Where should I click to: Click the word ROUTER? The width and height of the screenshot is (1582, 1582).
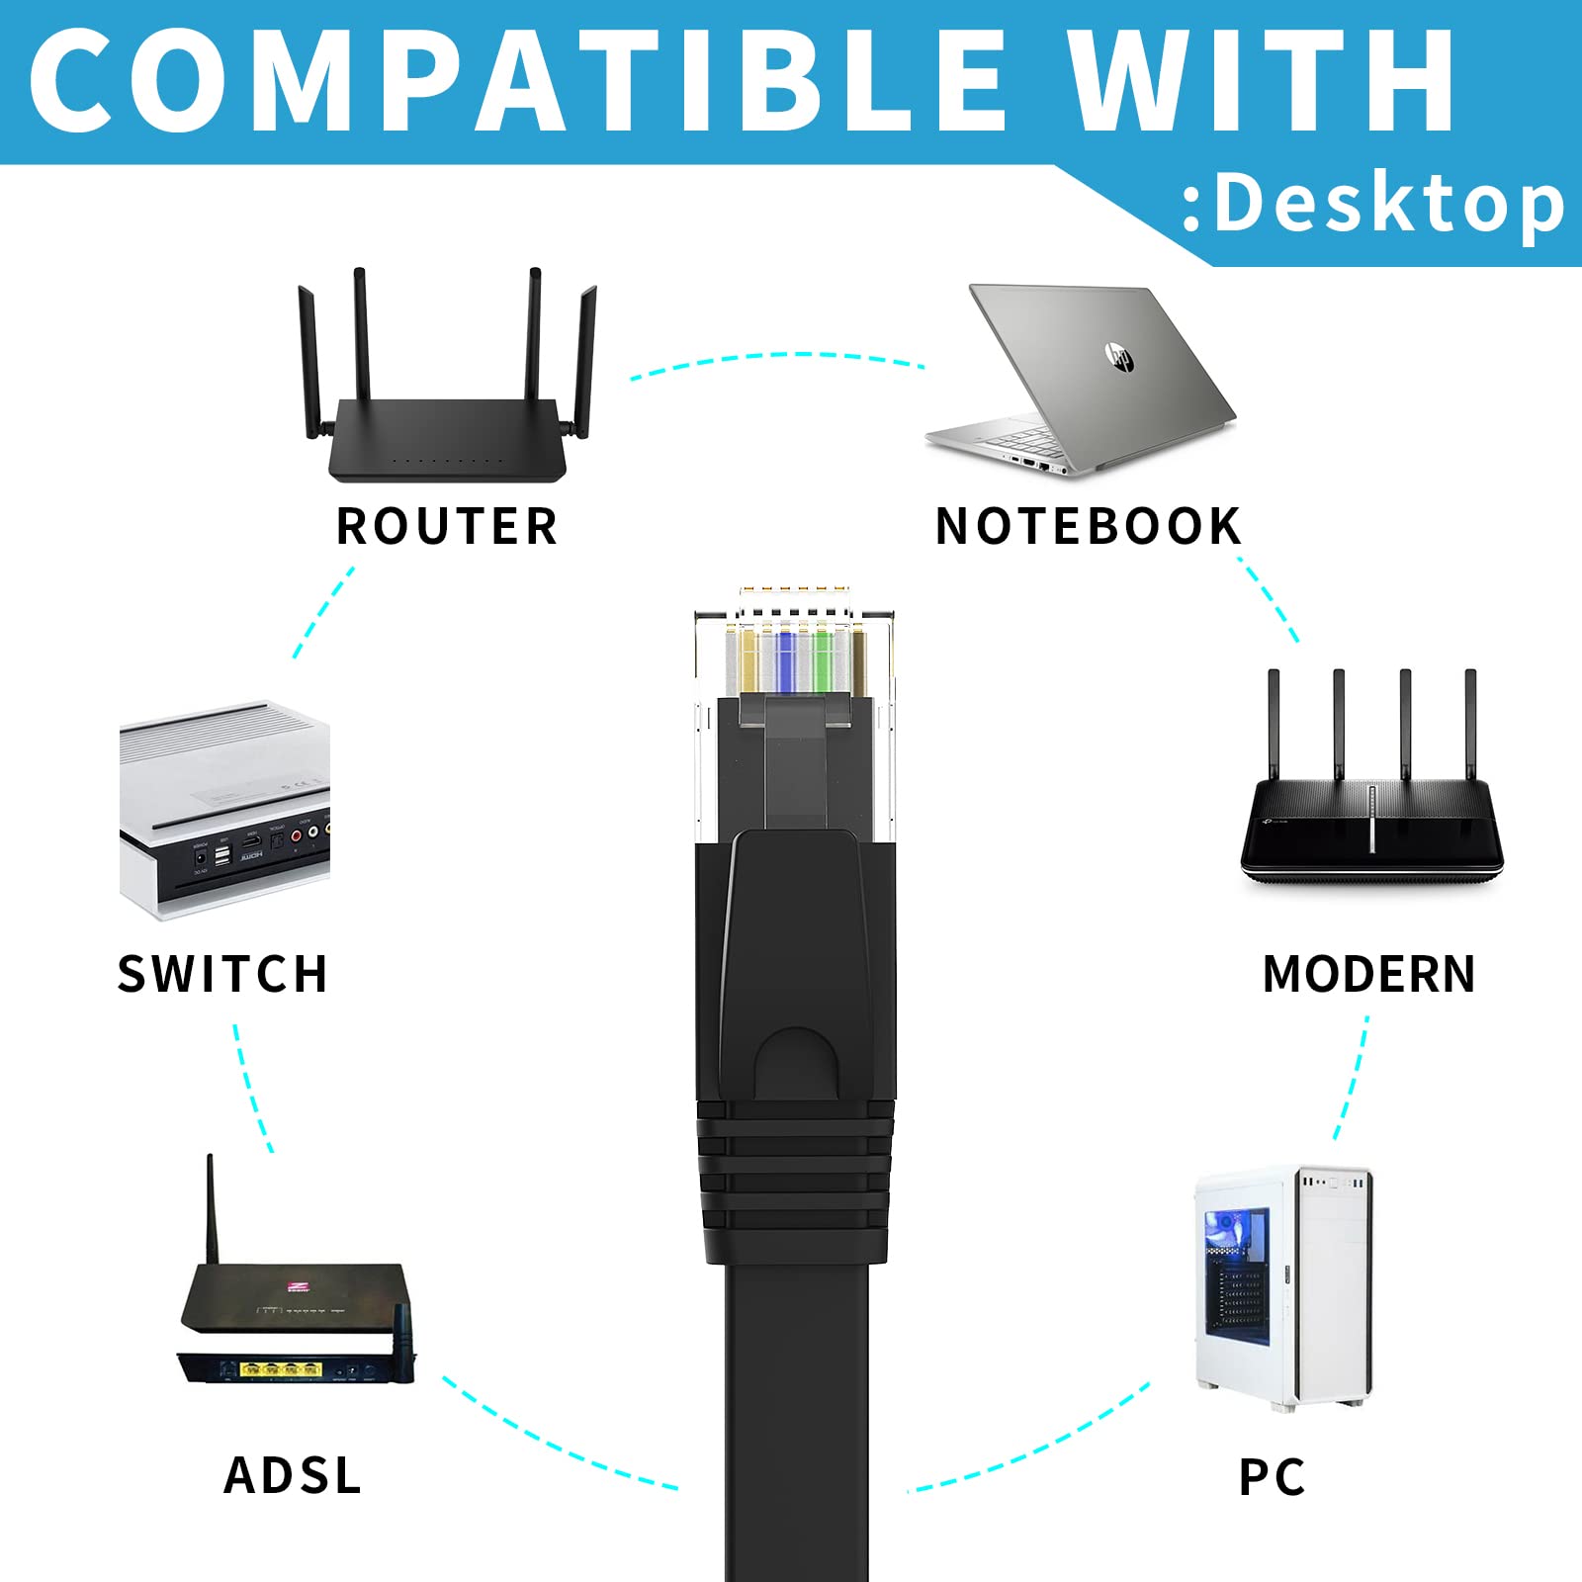447,526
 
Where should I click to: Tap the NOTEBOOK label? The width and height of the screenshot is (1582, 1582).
1088,526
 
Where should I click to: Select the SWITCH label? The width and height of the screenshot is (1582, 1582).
222,974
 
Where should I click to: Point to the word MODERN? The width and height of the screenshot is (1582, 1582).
1369,974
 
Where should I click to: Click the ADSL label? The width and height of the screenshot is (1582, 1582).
293,1475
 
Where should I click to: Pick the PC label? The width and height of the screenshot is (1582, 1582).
1273,1477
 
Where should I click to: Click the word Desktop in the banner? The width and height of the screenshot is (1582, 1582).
1390,204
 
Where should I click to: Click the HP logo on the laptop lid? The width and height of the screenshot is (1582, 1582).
1119,356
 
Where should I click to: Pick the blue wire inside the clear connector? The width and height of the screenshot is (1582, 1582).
786,660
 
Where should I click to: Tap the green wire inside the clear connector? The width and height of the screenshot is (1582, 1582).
822,660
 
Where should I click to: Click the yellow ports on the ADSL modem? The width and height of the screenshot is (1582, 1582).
282,1370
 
